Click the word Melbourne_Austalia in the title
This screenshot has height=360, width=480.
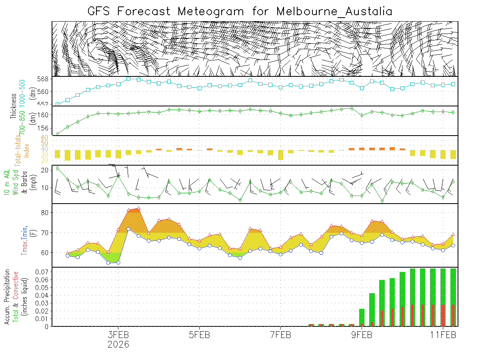pos(334,11)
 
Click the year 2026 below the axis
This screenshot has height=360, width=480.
pos(118,344)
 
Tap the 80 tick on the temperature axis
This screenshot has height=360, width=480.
pos(45,212)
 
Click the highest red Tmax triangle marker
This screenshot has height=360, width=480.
pos(138,208)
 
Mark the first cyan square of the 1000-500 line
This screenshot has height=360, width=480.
pos(57,104)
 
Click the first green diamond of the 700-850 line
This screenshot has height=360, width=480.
pos(57,134)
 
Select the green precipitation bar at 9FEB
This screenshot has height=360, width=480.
pos(362,317)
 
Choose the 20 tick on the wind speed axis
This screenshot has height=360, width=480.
pos(45,170)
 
